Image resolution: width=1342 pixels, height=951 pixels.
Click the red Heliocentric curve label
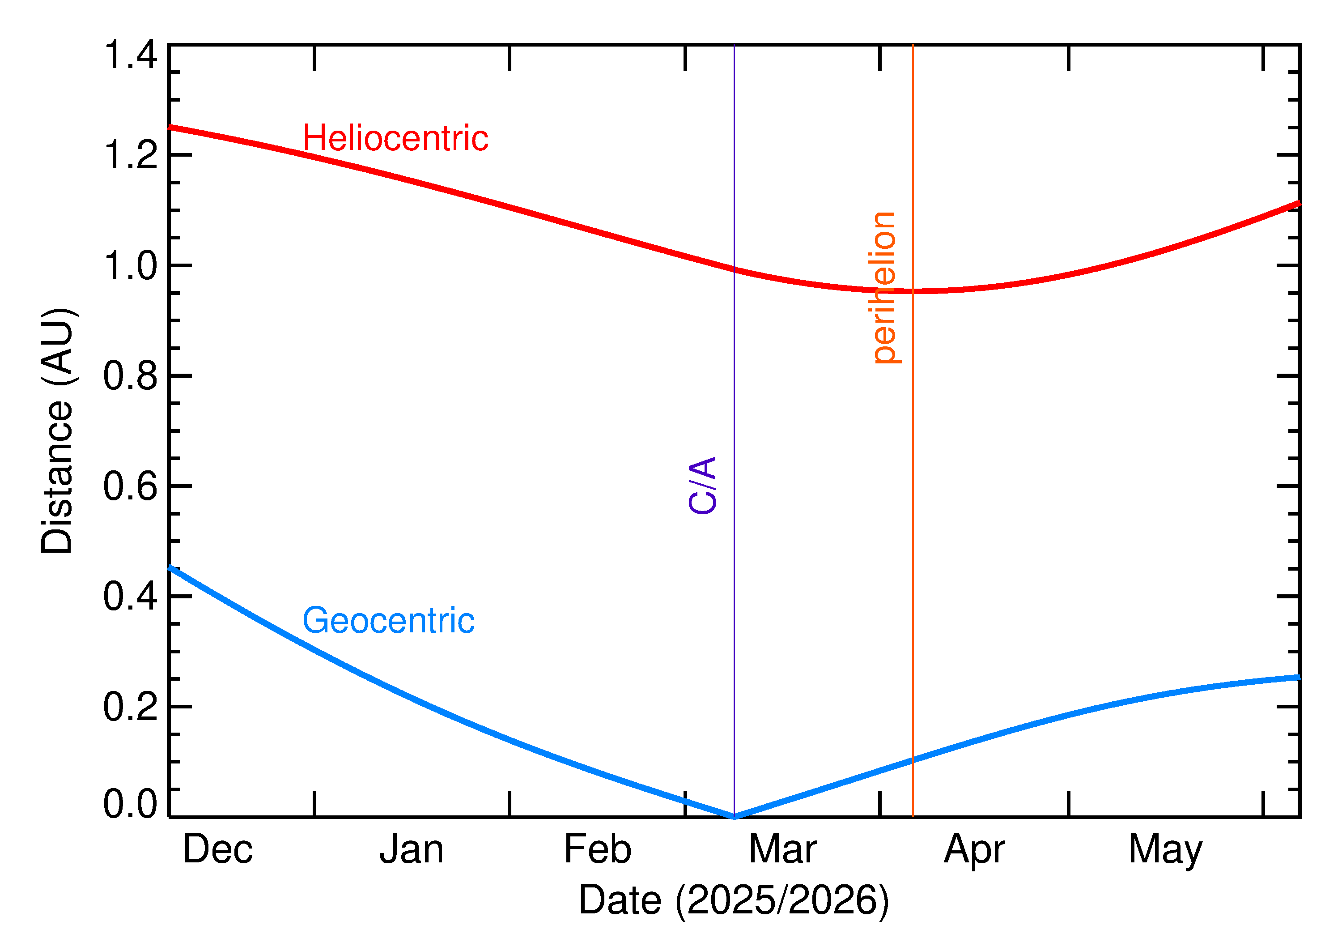[395, 139]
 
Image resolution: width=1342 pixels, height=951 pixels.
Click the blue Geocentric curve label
[388, 621]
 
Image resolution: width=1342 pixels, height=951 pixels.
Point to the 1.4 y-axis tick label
[131, 55]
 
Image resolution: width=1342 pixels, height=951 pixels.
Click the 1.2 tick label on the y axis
[131, 155]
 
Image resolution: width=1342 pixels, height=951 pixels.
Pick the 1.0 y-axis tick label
[131, 265]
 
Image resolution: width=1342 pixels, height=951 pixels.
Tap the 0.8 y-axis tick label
[131, 376]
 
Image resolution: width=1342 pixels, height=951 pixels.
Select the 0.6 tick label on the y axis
[131, 486]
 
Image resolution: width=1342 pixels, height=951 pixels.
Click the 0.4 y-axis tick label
[131, 597]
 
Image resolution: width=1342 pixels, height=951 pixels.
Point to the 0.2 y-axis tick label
[131, 707]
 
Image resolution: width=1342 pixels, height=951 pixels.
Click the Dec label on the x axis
[218, 849]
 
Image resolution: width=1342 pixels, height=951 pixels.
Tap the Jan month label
[412, 849]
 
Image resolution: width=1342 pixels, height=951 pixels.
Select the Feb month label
[598, 849]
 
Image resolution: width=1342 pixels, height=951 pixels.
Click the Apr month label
[974, 849]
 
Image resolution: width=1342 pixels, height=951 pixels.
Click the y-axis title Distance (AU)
[57, 431]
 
